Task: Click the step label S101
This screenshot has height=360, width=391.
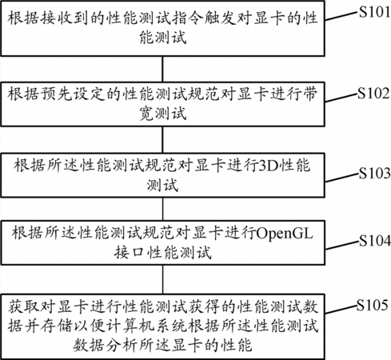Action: (x=374, y=12)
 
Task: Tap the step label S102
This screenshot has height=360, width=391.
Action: (x=373, y=93)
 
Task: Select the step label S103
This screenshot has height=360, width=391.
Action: (x=374, y=173)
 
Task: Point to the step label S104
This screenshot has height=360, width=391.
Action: (x=374, y=240)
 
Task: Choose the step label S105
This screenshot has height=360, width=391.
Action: (x=373, y=305)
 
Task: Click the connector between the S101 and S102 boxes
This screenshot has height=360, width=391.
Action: (x=163, y=69)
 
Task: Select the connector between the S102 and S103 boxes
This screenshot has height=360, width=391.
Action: (x=163, y=140)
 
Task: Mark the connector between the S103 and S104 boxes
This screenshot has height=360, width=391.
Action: (x=163, y=209)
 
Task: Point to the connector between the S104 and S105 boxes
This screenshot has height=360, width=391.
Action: (x=163, y=279)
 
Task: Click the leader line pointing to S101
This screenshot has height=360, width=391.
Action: (x=341, y=16)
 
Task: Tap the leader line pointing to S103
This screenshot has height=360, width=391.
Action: (x=341, y=178)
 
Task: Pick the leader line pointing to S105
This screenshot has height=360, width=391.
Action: (x=341, y=310)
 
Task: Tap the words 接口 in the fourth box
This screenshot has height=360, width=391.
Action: (x=130, y=252)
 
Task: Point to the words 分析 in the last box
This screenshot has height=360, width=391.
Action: (x=122, y=346)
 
